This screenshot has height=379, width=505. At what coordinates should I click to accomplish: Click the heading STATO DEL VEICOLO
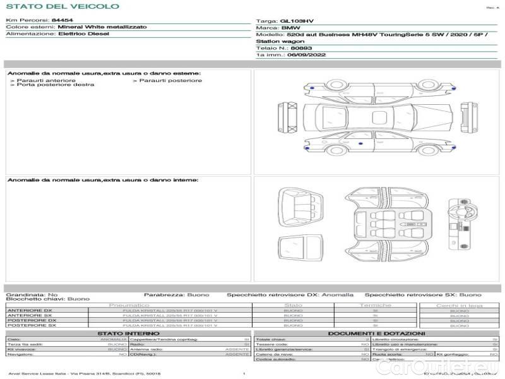point(62,6)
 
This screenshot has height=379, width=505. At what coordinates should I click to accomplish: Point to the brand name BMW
point(290,28)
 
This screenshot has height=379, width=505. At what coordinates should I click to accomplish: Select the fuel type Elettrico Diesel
point(83,33)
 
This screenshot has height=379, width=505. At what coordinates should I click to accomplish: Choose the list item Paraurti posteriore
point(170,80)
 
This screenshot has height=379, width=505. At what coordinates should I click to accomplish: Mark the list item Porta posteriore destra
point(55,85)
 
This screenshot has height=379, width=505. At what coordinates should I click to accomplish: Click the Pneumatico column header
point(129,306)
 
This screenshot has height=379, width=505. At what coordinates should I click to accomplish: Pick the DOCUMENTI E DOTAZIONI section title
point(376,333)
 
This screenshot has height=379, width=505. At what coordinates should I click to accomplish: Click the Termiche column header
point(376,306)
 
